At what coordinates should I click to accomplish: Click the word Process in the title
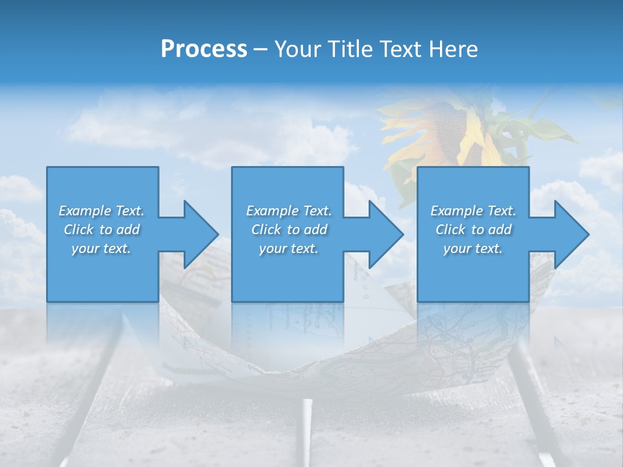(204, 49)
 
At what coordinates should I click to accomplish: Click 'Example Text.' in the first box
(101, 211)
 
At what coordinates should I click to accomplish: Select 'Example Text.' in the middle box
(289, 211)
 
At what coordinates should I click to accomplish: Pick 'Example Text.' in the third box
(473, 211)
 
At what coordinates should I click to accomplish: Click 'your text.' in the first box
(101, 248)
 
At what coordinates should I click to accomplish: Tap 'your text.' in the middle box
(289, 248)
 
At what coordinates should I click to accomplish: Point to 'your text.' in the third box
(473, 248)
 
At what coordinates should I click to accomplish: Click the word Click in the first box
(79, 230)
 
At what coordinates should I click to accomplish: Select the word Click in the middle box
(266, 230)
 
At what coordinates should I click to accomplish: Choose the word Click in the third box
(450, 230)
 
